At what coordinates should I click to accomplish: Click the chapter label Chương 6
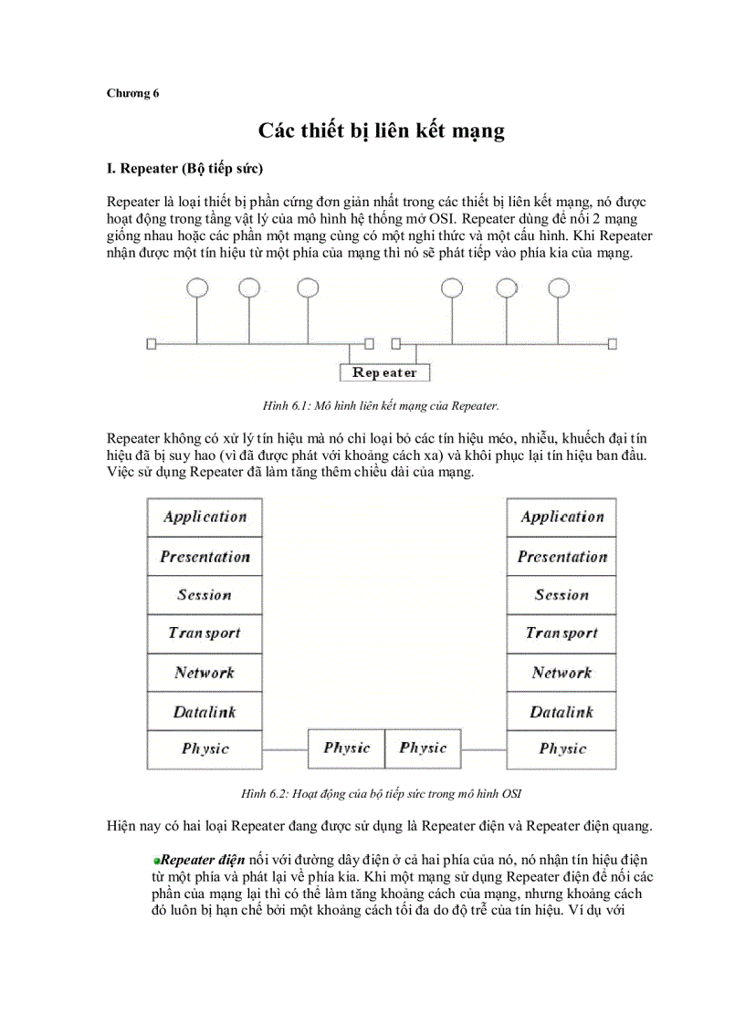[132, 93]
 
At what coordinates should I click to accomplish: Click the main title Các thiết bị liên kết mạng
[380, 131]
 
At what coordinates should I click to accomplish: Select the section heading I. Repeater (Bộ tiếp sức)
[185, 169]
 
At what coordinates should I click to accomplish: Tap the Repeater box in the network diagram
[384, 372]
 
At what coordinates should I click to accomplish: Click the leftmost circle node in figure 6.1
[197, 288]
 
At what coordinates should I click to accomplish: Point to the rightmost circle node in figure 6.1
[561, 288]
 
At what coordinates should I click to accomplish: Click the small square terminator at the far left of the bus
[152, 344]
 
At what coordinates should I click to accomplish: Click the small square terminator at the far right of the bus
[613, 344]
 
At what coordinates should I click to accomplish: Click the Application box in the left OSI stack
[205, 518]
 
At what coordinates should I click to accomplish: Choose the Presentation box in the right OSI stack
[561, 557]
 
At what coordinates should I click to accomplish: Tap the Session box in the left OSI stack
[205, 595]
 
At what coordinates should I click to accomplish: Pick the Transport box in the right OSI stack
[561, 633]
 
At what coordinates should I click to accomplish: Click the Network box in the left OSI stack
[205, 673]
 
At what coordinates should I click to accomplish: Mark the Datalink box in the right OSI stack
[561, 712]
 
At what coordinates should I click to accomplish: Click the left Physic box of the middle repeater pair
[346, 748]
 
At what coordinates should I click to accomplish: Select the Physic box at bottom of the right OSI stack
[561, 749]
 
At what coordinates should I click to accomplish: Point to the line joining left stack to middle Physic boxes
[284, 749]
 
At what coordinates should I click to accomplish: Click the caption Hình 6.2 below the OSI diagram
[381, 794]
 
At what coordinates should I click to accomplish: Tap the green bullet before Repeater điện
[157, 861]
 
